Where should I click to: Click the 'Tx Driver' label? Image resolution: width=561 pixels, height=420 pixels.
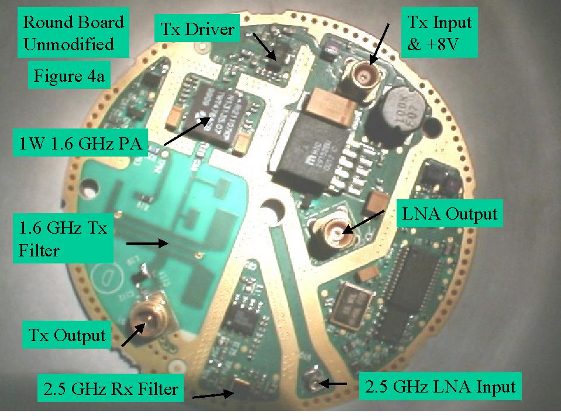(x=197, y=29)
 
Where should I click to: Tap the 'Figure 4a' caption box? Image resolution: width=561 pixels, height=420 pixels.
(x=69, y=76)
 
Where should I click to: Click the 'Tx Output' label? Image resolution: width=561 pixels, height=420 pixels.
(x=67, y=335)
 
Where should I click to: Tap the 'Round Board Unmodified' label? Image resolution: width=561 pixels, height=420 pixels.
(x=73, y=33)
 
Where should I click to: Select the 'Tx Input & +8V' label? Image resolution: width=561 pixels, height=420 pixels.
(x=439, y=33)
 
